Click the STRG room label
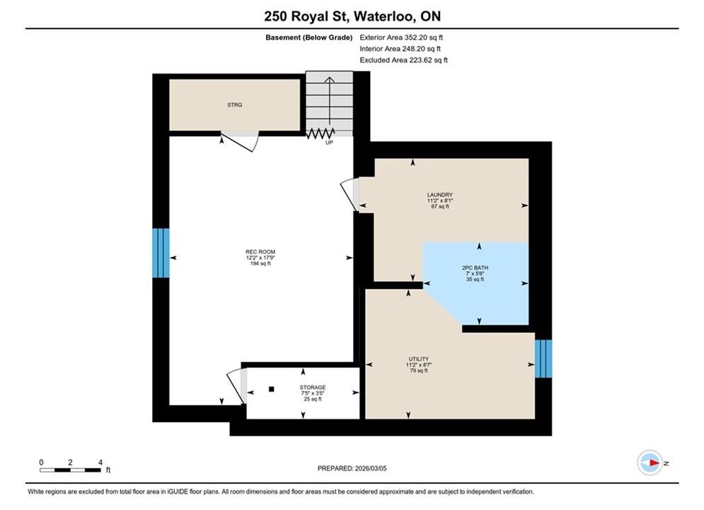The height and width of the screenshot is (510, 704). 234,105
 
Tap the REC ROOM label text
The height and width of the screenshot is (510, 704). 260,252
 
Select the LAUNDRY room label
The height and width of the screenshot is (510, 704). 440,195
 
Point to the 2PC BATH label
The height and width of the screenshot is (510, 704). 475,268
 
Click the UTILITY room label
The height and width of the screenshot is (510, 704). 418,359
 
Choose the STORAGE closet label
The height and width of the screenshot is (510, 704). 313,387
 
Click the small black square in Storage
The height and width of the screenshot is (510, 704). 271,389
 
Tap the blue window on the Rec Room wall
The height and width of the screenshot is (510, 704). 161,253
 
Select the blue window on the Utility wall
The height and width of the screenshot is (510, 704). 543,358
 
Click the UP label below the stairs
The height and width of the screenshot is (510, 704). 329,142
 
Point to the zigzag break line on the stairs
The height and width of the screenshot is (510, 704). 321,133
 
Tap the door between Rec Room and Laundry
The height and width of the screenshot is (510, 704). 350,194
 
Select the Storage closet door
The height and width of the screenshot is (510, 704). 236,387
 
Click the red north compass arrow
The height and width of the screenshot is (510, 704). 654,463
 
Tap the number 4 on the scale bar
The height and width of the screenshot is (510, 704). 100,462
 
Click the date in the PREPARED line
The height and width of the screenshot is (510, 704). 371,468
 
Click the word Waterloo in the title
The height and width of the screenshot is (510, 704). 384,16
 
